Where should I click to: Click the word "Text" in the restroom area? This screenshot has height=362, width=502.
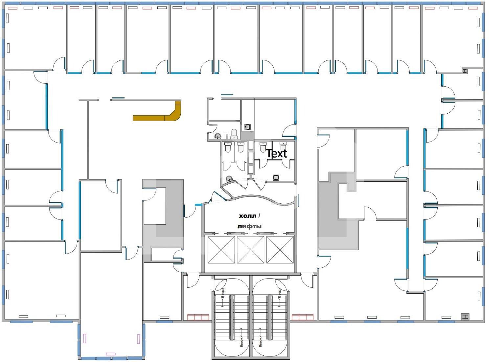pos(277,153)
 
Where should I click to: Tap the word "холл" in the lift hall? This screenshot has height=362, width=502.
pos(247,216)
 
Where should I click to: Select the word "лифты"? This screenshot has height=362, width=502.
pos(249,226)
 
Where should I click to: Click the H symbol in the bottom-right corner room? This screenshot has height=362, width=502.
pos(465,316)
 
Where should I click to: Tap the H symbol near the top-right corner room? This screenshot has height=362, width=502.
pos(465,71)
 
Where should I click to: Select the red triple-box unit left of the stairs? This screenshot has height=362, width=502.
pos(198,317)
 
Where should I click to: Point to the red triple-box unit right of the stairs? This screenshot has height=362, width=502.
pos(303,317)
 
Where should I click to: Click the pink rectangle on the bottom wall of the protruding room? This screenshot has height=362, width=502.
pos(111,354)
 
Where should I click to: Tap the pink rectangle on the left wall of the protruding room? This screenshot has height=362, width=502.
pos(85,338)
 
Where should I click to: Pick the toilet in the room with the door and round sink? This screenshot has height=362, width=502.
pos(234,134)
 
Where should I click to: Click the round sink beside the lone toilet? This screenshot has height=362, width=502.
pos(218,136)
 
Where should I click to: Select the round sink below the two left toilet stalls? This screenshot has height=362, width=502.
pos(229,178)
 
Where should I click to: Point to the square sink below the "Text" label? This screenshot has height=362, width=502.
pos(276,178)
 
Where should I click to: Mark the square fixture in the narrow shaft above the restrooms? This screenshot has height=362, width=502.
pos(248,127)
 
